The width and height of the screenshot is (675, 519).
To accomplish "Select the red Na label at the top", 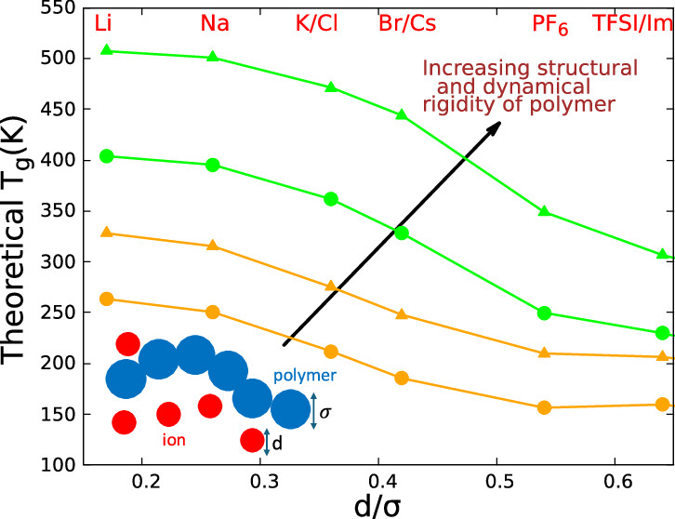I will click(215, 21).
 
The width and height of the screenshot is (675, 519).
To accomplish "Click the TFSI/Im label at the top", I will click(633, 21).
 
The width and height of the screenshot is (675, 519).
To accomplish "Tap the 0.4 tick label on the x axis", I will click(378, 483).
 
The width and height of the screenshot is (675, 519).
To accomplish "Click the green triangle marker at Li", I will click(106, 50).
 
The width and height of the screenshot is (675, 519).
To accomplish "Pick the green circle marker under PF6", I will click(545, 313).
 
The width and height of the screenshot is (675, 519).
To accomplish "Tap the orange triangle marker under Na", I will click(212, 246).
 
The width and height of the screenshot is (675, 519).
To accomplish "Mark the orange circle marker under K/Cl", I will click(331, 352).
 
